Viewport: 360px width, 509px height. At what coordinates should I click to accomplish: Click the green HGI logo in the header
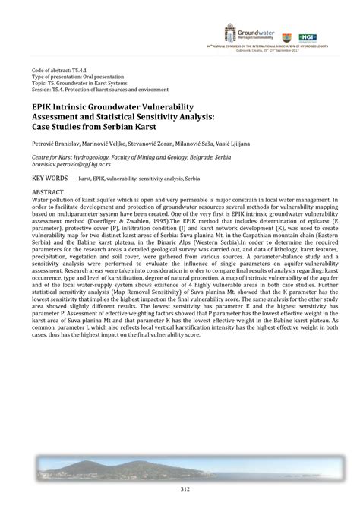[308, 36]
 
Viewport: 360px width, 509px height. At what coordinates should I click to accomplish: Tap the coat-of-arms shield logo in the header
[286, 36]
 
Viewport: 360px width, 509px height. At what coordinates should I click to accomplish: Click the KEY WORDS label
[49, 177]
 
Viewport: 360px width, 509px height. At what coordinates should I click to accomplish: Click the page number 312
[180, 489]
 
